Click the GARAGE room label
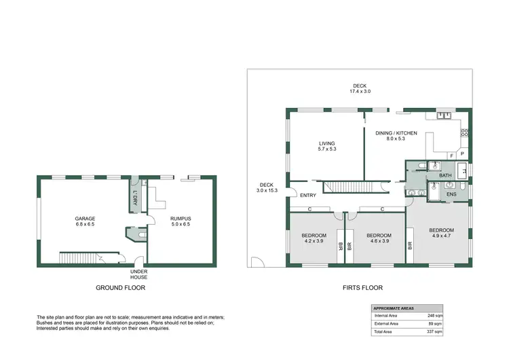click(x=85, y=219)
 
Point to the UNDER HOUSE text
click(x=139, y=274)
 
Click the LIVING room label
click(x=328, y=143)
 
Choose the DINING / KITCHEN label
click(x=396, y=133)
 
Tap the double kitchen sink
click(x=445, y=115)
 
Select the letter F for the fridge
click(x=451, y=155)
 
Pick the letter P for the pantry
click(x=463, y=154)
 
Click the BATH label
click(x=445, y=176)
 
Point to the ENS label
click(x=451, y=195)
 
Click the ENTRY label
click(x=307, y=196)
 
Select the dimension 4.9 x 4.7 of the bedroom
click(x=441, y=236)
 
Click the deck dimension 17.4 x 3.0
click(x=360, y=91)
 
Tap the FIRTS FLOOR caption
click(x=363, y=288)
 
